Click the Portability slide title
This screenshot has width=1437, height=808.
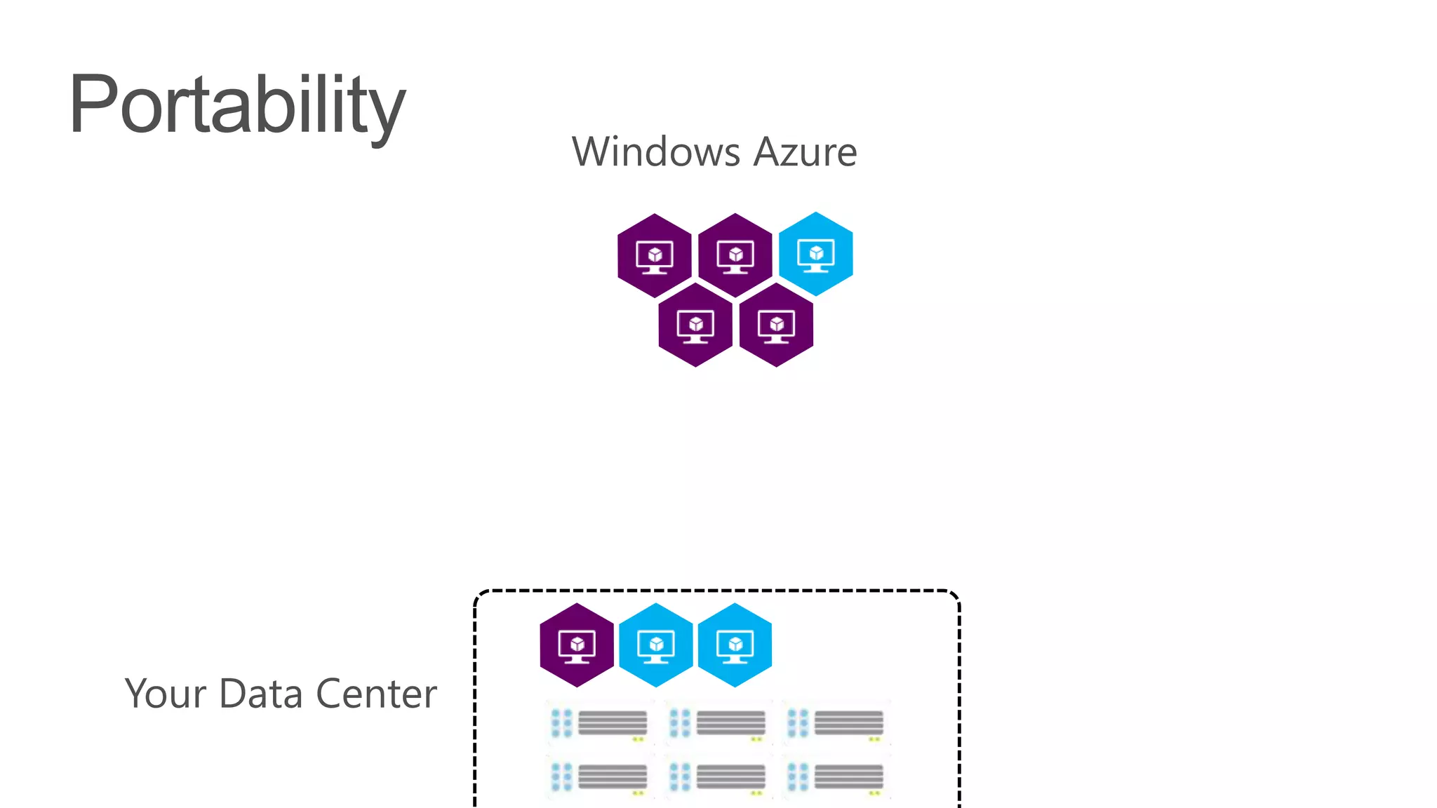(237, 105)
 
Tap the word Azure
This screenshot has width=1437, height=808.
(805, 151)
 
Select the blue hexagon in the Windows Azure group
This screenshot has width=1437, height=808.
(816, 254)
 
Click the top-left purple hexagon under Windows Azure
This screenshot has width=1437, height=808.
(655, 255)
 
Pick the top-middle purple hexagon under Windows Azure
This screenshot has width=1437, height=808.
(735, 255)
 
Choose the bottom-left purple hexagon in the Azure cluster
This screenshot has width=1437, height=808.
(695, 325)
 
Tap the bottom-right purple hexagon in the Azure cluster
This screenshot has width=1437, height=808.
(776, 325)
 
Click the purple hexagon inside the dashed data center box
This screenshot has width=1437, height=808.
(577, 645)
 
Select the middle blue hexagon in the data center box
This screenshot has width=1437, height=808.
(656, 645)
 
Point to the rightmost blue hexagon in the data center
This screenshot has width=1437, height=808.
(735, 645)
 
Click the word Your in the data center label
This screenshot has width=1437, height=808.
(166, 694)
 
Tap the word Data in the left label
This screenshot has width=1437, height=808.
(261, 694)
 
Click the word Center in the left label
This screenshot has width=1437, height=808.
(376, 694)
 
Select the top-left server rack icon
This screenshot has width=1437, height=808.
(600, 723)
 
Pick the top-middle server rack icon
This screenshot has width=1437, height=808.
(718, 723)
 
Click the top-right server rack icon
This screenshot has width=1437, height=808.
(836, 723)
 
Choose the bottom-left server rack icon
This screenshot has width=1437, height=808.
(600, 777)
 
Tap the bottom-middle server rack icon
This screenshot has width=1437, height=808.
(718, 777)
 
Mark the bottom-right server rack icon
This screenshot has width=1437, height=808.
(836, 777)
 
